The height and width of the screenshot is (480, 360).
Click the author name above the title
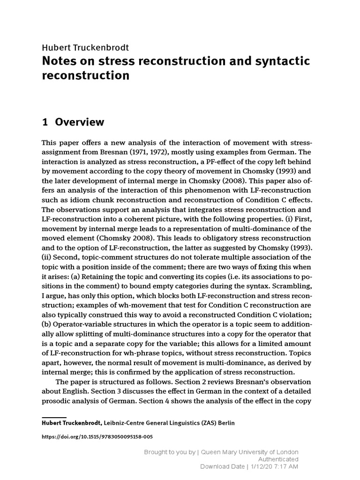(85, 47)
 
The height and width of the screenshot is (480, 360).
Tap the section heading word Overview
(79, 122)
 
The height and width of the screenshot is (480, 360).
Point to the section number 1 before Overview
(45, 122)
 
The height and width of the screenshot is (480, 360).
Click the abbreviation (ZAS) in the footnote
(202, 423)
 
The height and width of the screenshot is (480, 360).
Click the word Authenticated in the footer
(278, 459)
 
